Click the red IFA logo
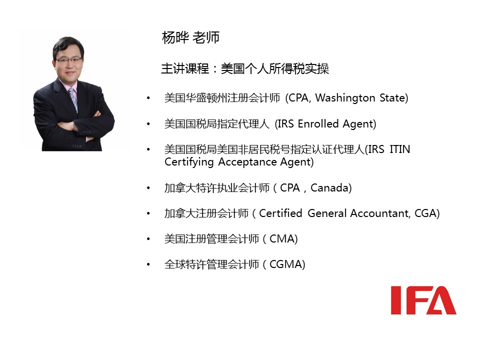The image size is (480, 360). (423, 300)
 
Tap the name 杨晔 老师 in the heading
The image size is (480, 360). (190, 37)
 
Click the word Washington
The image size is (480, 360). (345, 98)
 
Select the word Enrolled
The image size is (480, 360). (318, 123)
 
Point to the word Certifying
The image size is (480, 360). (189, 162)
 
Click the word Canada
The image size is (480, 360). (331, 187)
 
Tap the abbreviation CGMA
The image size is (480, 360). (285, 264)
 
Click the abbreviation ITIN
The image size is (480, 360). (399, 149)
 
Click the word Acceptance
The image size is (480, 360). (247, 162)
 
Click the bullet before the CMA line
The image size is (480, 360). (148, 239)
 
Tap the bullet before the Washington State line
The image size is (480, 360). (148, 98)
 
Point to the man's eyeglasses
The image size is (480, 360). (68, 60)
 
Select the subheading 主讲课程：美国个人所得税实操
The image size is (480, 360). (245, 68)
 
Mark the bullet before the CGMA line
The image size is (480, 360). (148, 264)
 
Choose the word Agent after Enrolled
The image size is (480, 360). (358, 124)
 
